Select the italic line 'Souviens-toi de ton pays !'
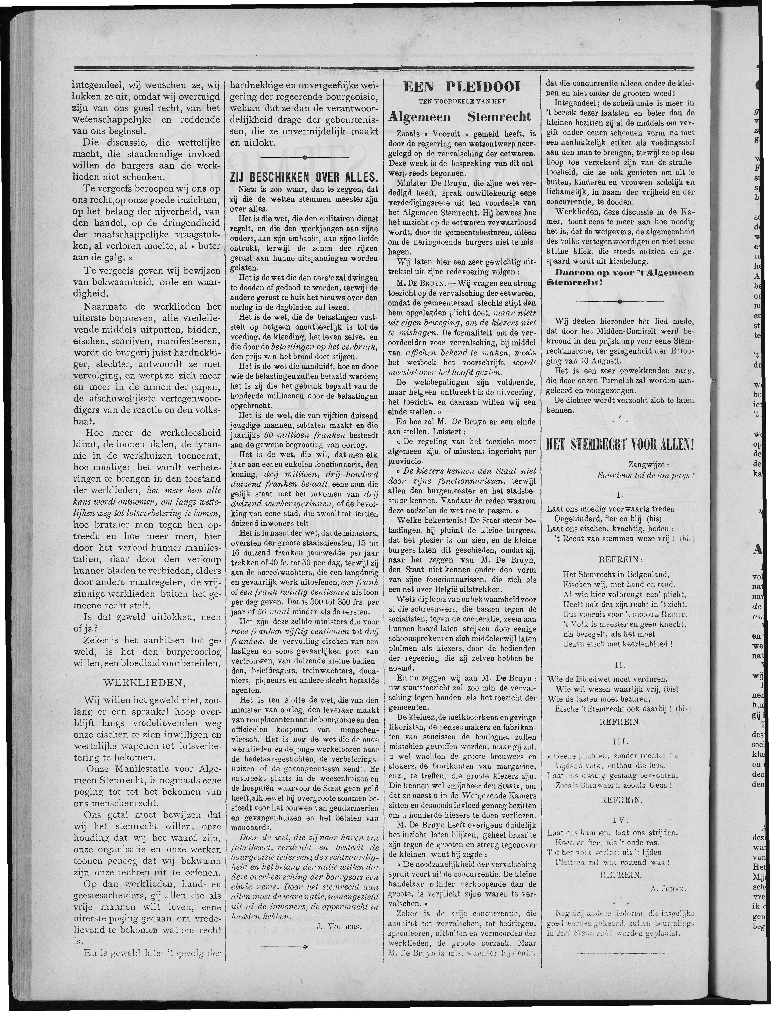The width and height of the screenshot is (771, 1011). point(645,475)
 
